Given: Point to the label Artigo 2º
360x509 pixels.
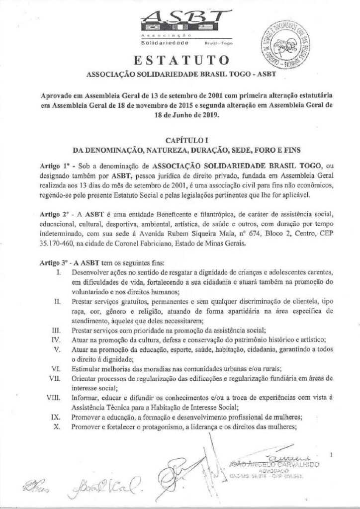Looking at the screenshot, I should (x=54, y=214).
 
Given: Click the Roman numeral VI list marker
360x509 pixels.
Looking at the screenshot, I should (x=59, y=368).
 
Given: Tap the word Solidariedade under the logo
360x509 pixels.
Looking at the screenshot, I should (x=159, y=44).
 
